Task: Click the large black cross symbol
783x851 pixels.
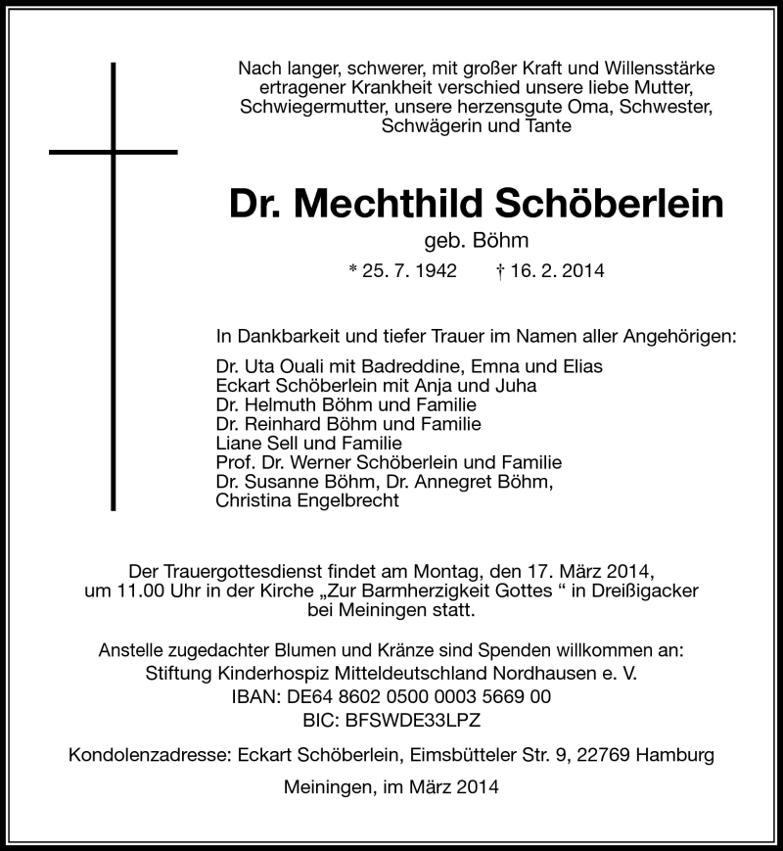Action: [114, 152]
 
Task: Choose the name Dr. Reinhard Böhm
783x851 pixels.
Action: [291, 424]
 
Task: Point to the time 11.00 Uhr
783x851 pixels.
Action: [141, 591]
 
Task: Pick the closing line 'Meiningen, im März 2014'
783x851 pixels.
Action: [391, 787]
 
